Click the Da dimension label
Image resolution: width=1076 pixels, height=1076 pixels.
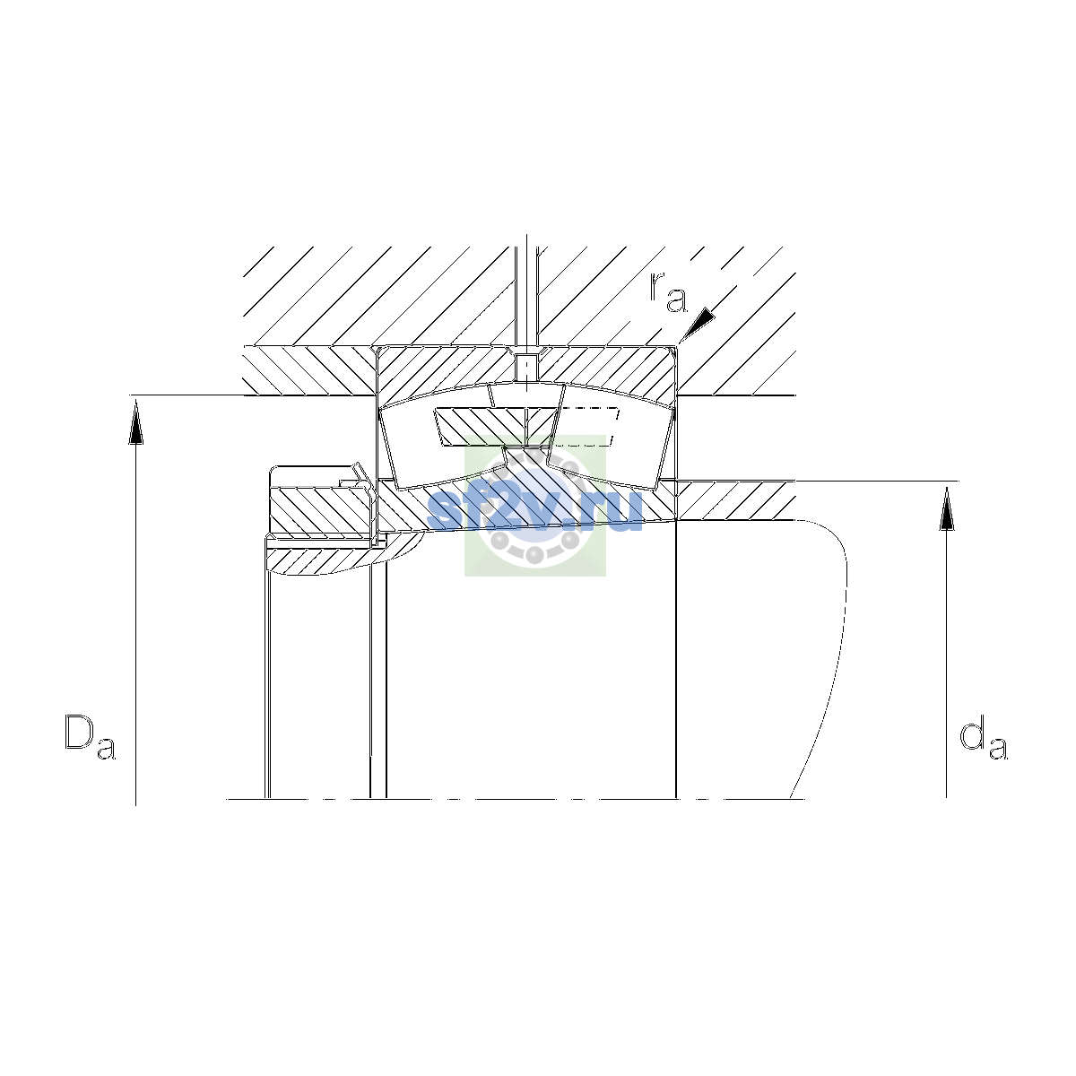point(91,736)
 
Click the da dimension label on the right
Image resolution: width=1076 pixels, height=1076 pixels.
point(984,740)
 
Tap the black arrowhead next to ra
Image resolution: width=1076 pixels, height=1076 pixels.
point(698,324)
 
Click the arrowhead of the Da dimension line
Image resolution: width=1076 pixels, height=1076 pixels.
point(135,423)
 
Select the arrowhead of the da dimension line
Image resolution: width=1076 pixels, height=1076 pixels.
point(947,508)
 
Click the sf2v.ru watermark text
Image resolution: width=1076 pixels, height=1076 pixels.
point(535,509)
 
